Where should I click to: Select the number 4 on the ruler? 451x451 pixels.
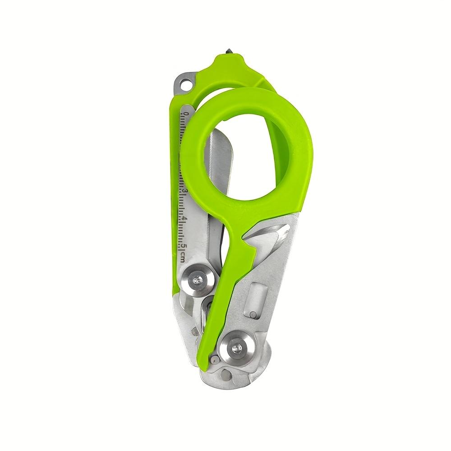click(184, 219)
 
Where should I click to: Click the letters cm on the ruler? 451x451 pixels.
click(184, 256)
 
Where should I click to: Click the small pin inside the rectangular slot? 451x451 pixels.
click(253, 314)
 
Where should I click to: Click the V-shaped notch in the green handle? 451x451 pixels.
click(249, 244)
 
